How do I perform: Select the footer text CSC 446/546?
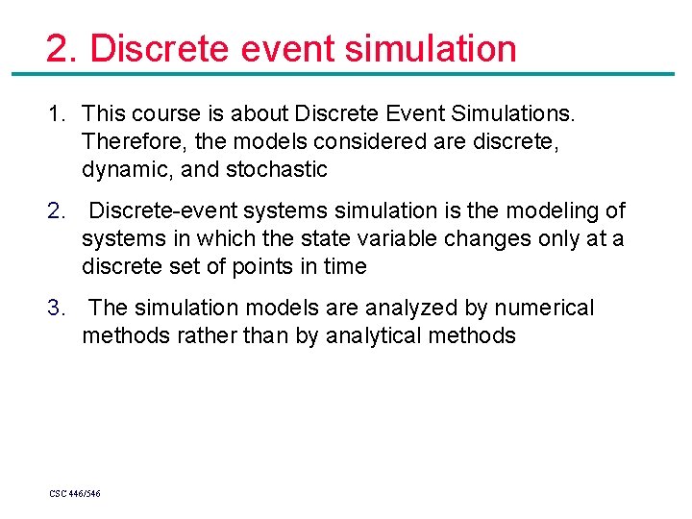click(75, 493)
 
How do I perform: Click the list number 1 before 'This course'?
click(57, 115)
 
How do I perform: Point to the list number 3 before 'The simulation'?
click(57, 309)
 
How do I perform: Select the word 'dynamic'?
click(121, 170)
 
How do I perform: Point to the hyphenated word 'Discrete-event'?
click(161, 210)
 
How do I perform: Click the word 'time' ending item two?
click(344, 266)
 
